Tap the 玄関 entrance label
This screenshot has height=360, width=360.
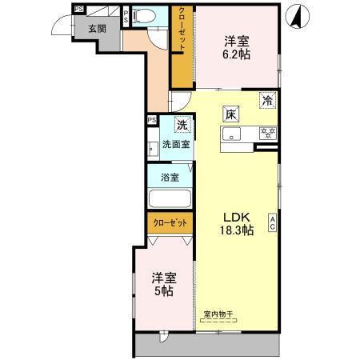tap(96, 28)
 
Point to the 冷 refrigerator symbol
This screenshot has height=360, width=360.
tap(268, 100)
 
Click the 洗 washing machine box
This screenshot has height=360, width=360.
tap(183, 125)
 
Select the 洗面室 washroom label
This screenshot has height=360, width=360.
tap(176, 145)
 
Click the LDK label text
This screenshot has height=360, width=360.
tap(237, 216)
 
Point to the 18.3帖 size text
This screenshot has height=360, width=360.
tap(237, 230)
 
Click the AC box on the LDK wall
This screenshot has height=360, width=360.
tap(272, 224)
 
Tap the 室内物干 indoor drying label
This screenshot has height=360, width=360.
tap(218, 315)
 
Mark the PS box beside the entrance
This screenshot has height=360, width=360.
tap(78, 9)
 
